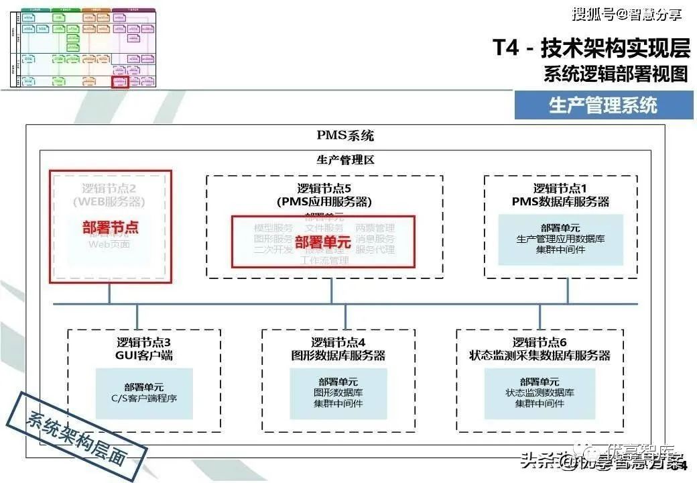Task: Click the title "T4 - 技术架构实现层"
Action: pyautogui.click(x=590, y=49)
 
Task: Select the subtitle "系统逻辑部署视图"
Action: pyautogui.click(x=615, y=74)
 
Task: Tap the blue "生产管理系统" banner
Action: pyautogui.click(x=603, y=105)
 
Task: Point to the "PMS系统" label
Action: pyautogui.click(x=345, y=136)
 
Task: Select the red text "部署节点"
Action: pyautogui.click(x=111, y=227)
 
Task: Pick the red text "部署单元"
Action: pyautogui.click(x=322, y=242)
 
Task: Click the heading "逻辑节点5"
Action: pyautogui.click(x=324, y=189)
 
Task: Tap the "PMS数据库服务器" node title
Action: pyautogui.click(x=560, y=201)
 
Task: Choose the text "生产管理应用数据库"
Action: pyautogui.click(x=560, y=239)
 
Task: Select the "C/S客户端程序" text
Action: pyautogui.click(x=143, y=398)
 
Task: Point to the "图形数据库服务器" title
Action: pyautogui.click(x=338, y=356)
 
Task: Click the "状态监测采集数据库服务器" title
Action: pyautogui.click(x=540, y=356)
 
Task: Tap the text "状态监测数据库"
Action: pyautogui.click(x=540, y=392)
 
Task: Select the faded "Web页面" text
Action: pyautogui.click(x=110, y=244)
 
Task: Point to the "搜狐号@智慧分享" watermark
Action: pyautogui.click(x=626, y=13)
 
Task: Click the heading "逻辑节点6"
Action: pyautogui.click(x=540, y=343)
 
